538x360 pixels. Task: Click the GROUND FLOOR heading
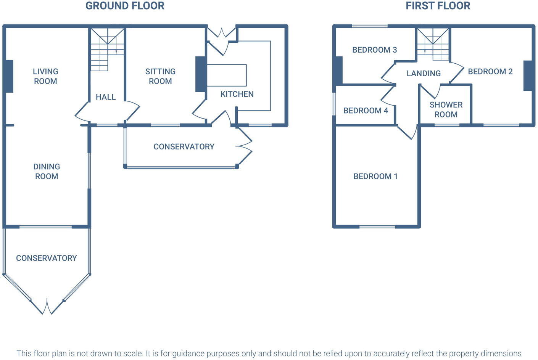[125, 6]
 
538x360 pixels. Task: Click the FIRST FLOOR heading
[438, 6]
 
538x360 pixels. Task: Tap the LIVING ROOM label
[45, 76]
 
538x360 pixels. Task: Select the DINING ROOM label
[47, 171]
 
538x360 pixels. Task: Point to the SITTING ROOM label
[160, 76]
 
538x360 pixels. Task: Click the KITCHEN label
[237, 94]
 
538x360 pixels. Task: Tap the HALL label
[106, 97]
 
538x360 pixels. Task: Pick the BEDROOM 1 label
[375, 176]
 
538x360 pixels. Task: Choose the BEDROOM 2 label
[490, 72]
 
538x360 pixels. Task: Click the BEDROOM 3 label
[374, 50]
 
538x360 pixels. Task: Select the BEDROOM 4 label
[366, 111]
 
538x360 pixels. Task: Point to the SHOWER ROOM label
[446, 109]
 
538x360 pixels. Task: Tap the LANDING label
[424, 73]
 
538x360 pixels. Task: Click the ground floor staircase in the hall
[107, 50]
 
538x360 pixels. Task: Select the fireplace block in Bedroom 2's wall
[528, 76]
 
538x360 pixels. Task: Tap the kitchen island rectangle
[227, 75]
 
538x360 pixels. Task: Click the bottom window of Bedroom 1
[377, 227]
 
